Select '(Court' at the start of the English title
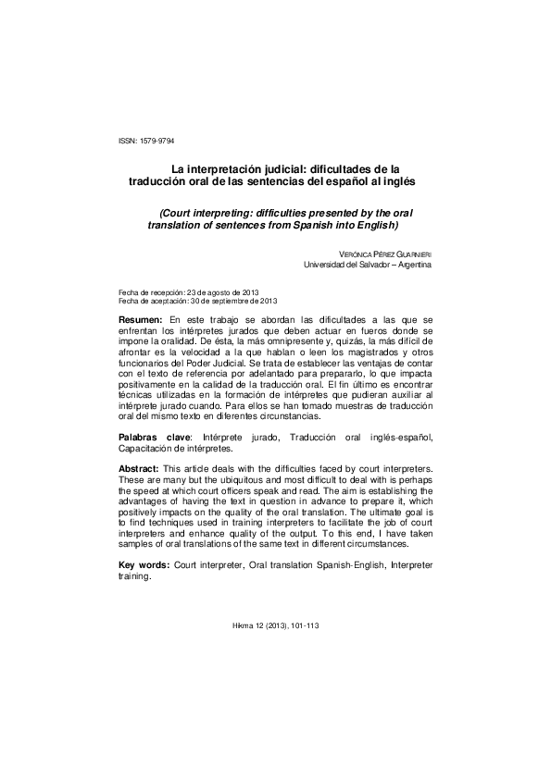tap(178, 212)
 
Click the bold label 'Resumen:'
tap(142, 318)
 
